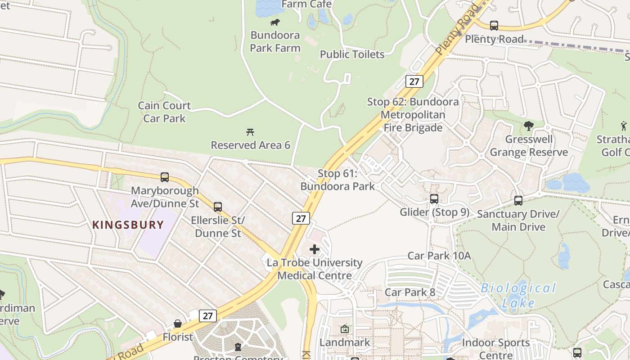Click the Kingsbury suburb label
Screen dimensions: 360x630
point(128,225)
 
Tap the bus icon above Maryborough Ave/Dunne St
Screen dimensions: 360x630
point(165,177)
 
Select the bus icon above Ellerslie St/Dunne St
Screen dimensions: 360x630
point(218,207)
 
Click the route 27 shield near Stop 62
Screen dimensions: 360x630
point(414,81)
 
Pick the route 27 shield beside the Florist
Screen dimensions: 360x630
point(207,315)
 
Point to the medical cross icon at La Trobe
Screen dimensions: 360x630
point(315,249)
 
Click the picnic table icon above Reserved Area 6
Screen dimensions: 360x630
point(251,132)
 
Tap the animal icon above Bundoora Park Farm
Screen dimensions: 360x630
point(274,22)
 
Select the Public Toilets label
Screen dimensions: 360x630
point(352,54)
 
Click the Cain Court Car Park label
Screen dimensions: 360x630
point(164,112)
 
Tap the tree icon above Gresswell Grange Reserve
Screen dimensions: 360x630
point(529,126)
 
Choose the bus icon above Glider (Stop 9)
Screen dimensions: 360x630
point(434,198)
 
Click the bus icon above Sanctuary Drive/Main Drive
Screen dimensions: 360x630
point(518,201)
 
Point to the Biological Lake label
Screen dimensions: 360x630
point(518,295)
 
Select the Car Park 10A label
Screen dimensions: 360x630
point(439,256)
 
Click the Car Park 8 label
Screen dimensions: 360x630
point(409,292)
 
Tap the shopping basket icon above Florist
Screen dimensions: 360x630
point(178,324)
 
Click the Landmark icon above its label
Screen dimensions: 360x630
point(345,329)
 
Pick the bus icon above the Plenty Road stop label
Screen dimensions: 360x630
point(494,26)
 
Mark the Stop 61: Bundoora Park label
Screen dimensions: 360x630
point(337,180)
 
